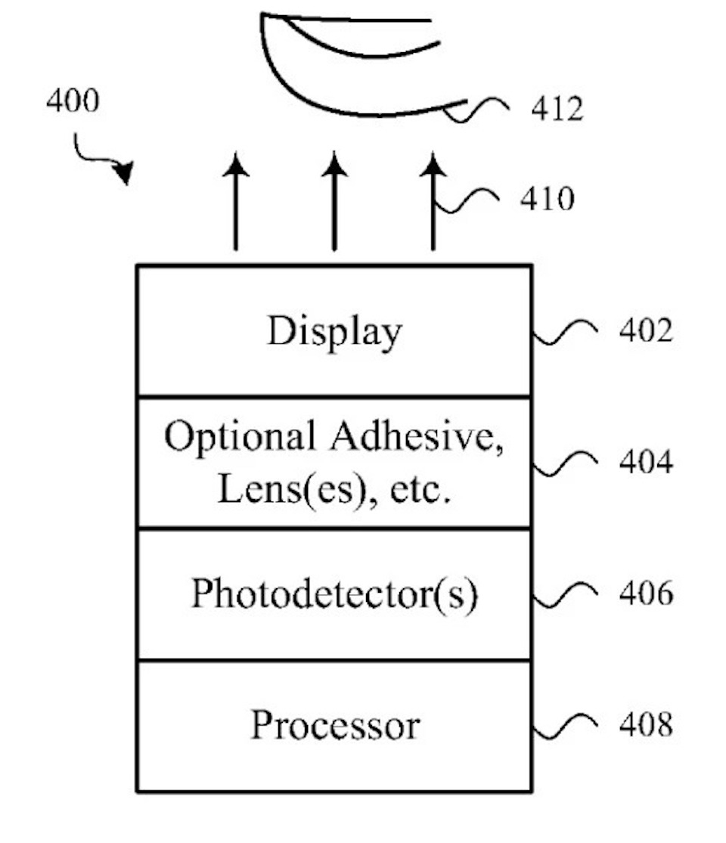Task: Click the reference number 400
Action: pyautogui.click(x=72, y=101)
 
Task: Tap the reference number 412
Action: pyautogui.click(x=557, y=110)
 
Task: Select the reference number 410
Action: pyautogui.click(x=546, y=200)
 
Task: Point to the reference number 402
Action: pyautogui.click(x=645, y=330)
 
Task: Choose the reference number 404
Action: pyautogui.click(x=645, y=462)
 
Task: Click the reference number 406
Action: pyautogui.click(x=645, y=594)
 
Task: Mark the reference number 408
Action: pyautogui.click(x=645, y=725)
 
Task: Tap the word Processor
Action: pyautogui.click(x=334, y=726)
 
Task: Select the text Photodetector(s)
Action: pyautogui.click(x=334, y=594)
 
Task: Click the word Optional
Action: pyautogui.click(x=240, y=438)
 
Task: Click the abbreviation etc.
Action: pyautogui.click(x=420, y=491)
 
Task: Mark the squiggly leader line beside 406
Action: pyautogui.click(x=566, y=594)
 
